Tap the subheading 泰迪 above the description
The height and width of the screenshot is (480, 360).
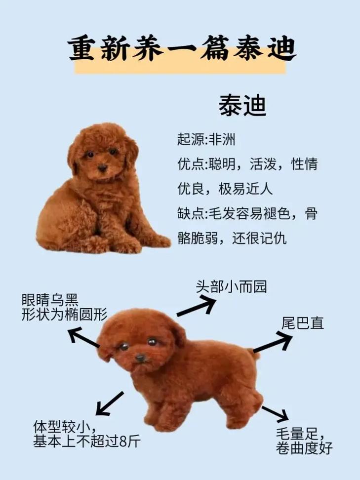(242, 105)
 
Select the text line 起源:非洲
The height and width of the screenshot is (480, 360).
(206, 140)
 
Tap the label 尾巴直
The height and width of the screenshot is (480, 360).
(302, 323)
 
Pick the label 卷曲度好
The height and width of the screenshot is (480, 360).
(304, 449)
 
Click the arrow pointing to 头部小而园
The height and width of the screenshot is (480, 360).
(196, 307)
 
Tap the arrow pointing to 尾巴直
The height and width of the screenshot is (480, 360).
(273, 342)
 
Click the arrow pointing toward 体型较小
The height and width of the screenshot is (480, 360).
(110, 402)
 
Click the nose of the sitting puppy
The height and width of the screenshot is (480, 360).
(103, 168)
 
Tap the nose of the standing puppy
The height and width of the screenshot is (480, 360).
(141, 357)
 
